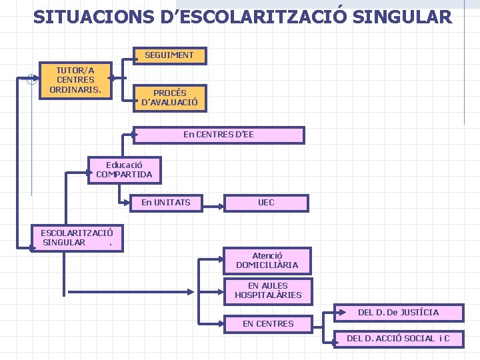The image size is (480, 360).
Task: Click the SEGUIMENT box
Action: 169,55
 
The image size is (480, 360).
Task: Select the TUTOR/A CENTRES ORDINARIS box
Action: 75,79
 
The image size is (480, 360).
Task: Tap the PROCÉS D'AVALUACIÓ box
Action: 169,98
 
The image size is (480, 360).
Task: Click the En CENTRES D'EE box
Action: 219,135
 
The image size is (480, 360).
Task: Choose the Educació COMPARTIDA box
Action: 124,169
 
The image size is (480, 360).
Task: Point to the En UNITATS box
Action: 166,203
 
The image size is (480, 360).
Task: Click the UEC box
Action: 266,203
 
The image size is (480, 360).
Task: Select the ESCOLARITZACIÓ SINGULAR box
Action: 77,237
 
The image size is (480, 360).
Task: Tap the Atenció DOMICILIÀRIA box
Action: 267,261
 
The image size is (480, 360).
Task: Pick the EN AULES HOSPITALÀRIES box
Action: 268,291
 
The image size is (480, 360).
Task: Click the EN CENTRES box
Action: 268,324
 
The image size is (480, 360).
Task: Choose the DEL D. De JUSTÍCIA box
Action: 399,312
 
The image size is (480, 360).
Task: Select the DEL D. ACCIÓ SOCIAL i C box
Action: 398,339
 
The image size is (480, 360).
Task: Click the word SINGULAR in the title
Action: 403,17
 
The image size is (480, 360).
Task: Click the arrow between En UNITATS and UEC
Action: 214,203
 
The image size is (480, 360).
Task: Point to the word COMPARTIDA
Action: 124,175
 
